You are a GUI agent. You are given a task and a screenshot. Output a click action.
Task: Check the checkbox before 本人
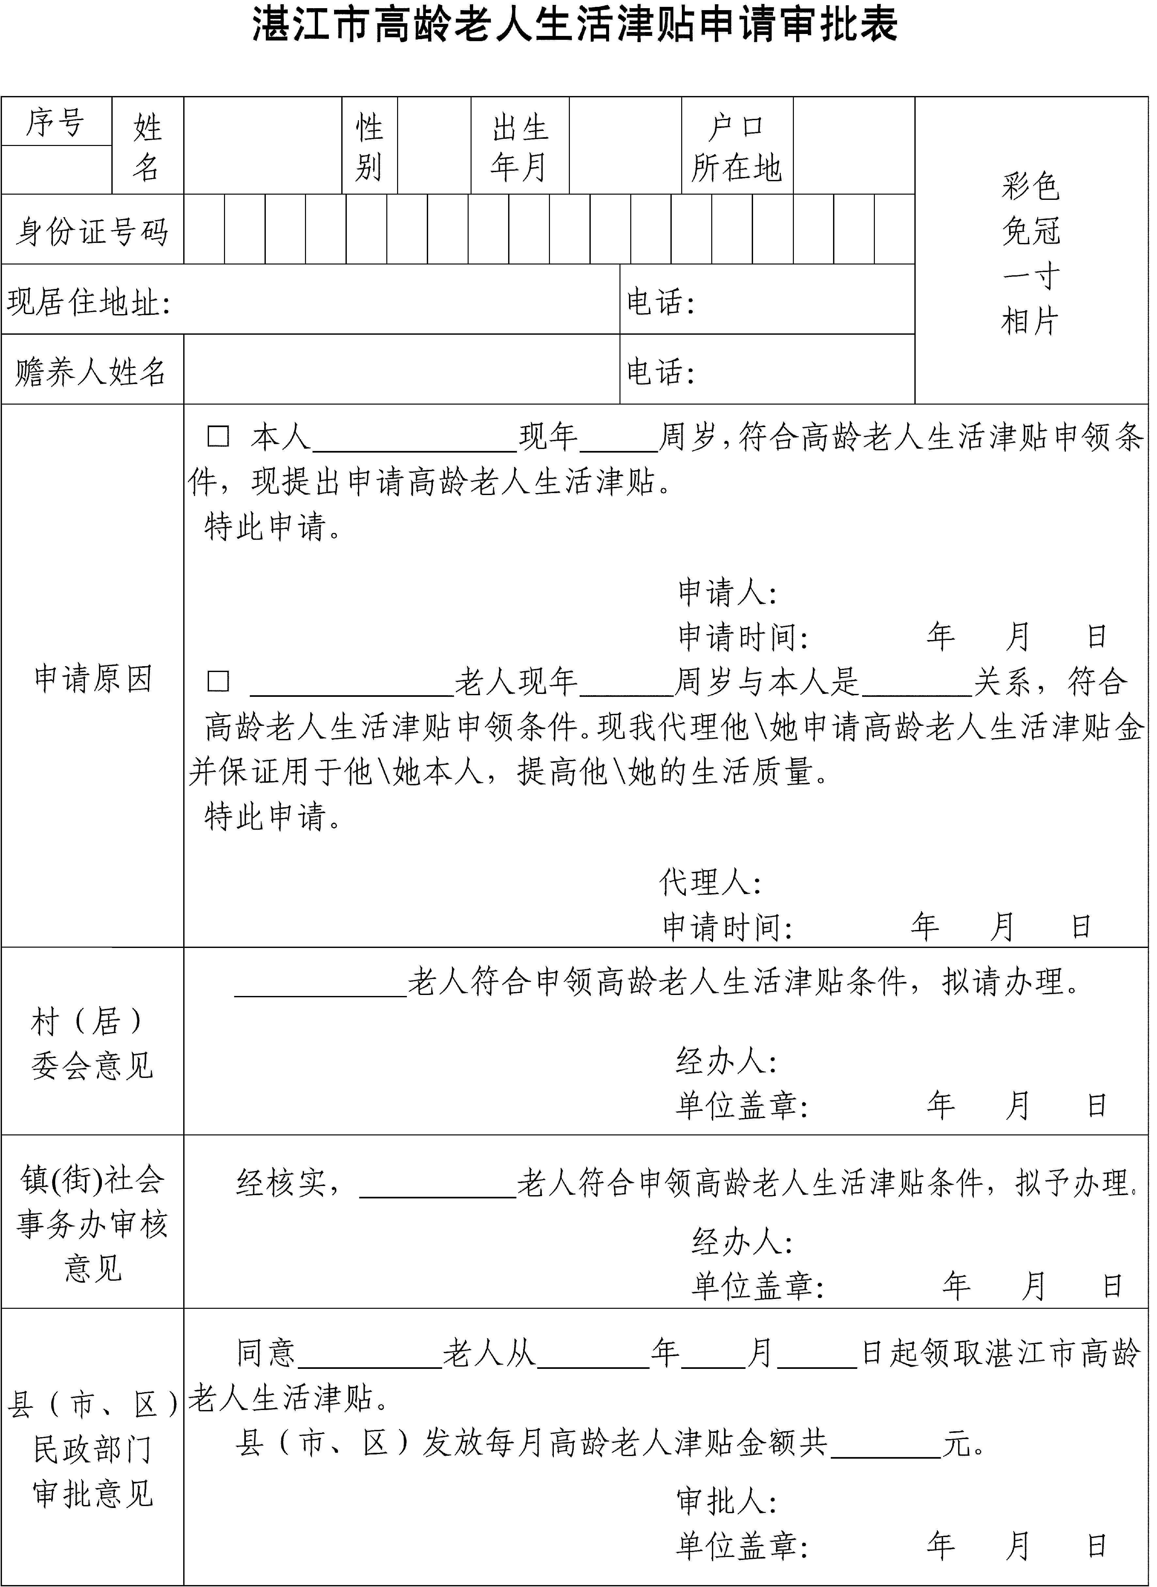point(218,437)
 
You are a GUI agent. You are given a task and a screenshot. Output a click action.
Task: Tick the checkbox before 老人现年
point(218,681)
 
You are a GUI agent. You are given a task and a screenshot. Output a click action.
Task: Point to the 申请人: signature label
point(727,592)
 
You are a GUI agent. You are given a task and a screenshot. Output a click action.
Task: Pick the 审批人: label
point(726,1502)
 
